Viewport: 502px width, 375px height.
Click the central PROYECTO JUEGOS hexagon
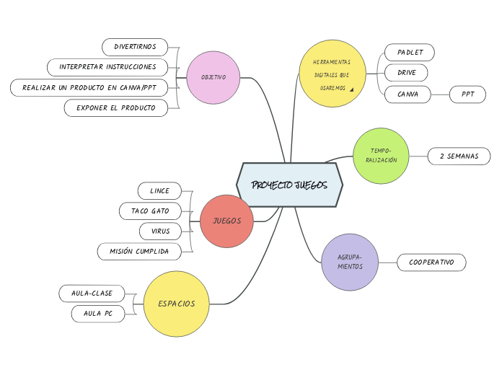289,185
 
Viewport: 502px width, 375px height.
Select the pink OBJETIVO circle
213,77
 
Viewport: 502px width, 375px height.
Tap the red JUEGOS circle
226,221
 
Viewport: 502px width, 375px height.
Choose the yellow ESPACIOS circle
177,304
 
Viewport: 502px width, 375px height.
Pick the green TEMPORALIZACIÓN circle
381,156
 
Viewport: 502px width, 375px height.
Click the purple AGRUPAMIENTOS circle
350,262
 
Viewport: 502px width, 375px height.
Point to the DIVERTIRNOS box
135,47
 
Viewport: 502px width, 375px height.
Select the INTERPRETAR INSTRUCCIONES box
107,67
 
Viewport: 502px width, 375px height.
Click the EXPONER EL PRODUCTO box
115,107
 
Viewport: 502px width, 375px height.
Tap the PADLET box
410,52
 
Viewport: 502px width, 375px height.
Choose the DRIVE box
406,73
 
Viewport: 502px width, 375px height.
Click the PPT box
467,94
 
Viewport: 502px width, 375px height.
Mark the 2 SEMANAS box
459,156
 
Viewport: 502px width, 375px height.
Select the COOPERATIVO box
431,262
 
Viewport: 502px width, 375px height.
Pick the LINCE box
159,190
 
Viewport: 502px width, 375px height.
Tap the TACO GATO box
150,211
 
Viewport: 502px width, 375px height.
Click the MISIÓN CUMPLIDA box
139,251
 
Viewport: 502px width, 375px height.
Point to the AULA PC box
98,314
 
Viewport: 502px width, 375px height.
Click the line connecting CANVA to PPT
440,94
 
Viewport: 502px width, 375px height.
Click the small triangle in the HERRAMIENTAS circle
351,89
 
